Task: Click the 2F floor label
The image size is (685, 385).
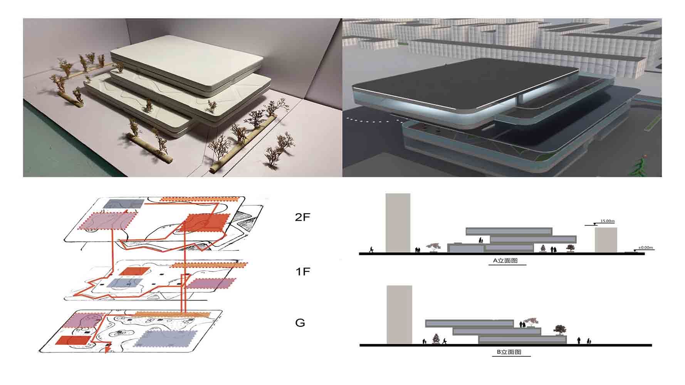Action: point(302,218)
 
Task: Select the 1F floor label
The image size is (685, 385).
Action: point(302,272)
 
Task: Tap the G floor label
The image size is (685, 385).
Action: point(300,323)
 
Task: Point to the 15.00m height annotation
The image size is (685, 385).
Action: point(608,221)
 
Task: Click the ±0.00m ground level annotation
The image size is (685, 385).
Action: point(646,248)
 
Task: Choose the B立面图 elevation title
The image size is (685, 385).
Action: point(509,352)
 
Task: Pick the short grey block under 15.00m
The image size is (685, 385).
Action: point(606,240)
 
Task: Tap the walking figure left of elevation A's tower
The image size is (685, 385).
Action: point(371,249)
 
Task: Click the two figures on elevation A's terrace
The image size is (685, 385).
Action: point(481,241)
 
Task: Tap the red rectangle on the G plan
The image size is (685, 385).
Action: point(73,340)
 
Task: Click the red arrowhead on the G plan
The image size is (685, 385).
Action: point(107,350)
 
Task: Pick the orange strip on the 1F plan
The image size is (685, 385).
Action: point(208,265)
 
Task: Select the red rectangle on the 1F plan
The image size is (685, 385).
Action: point(131,271)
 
